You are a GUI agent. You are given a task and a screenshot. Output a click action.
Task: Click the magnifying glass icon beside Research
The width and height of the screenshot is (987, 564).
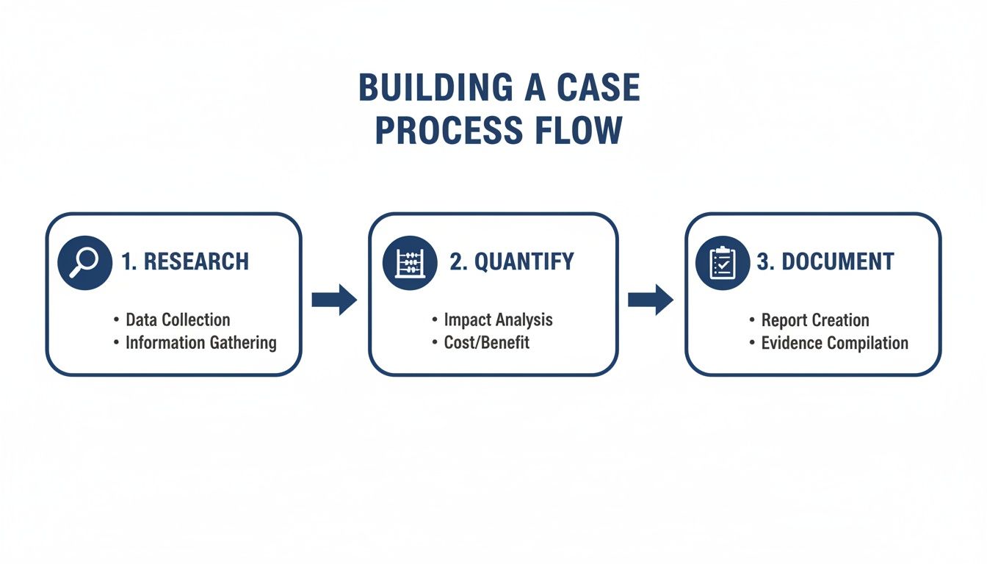[84, 263]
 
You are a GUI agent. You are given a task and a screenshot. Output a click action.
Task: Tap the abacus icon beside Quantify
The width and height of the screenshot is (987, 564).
[410, 263]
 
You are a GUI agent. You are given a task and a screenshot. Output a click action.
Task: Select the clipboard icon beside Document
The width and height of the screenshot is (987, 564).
[722, 263]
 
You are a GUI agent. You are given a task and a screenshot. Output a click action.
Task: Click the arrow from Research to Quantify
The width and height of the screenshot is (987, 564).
[334, 300]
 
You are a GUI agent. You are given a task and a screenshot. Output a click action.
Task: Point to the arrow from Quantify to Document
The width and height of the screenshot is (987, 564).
[651, 300]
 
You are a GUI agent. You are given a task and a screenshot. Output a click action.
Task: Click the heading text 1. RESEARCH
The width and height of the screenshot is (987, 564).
[185, 261]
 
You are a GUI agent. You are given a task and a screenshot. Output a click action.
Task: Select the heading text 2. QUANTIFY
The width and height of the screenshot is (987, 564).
[511, 261]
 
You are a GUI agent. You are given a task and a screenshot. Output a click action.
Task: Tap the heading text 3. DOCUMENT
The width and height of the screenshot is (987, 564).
[825, 261]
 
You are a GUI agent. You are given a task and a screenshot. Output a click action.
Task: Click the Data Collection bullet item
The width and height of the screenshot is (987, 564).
[178, 319]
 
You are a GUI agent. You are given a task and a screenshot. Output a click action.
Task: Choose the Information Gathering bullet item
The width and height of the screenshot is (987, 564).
[200, 342]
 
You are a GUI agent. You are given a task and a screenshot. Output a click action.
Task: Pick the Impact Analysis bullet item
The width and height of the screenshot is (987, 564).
[498, 319]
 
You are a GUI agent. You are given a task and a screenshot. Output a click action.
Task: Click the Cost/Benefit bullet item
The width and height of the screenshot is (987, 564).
[486, 342]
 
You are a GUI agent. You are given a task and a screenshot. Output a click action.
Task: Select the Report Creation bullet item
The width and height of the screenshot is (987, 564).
[814, 320]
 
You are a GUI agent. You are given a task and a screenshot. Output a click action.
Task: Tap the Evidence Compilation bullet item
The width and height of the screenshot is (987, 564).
[834, 343]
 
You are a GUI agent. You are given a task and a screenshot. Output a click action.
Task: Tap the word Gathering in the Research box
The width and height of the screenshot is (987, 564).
[239, 343]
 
